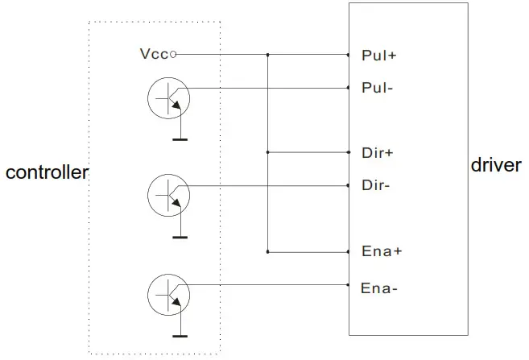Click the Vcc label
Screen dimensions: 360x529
pos(153,55)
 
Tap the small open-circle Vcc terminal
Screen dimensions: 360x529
pos(173,55)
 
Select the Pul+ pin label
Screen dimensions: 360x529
pos(378,56)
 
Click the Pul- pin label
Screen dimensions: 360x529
pos(378,88)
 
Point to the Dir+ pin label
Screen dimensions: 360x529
pos(377,152)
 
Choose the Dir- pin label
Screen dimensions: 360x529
pos(376,186)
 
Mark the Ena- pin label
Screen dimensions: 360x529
pos(378,288)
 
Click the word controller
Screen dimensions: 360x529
pos(47,172)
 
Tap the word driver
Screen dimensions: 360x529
pos(496,165)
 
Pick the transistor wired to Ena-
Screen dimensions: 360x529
pos(168,295)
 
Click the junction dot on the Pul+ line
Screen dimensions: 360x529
pos(267,55)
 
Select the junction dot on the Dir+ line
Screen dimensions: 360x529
pos(267,151)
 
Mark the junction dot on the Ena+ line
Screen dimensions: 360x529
pos(267,251)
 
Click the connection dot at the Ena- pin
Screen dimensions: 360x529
pos(348,284)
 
